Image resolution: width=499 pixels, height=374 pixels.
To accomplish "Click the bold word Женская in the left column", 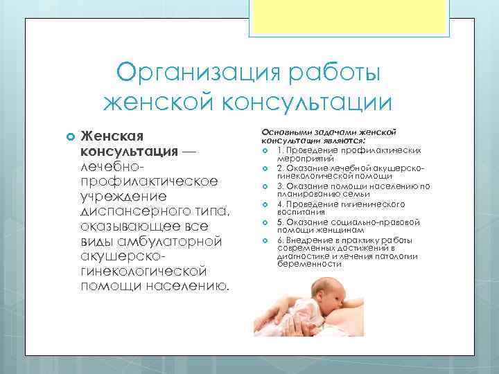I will click(x=114, y=135).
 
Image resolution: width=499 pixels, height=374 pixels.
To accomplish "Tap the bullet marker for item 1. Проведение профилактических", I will click(x=265, y=150).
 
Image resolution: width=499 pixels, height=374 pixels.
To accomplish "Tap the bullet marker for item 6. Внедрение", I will click(x=265, y=240).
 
